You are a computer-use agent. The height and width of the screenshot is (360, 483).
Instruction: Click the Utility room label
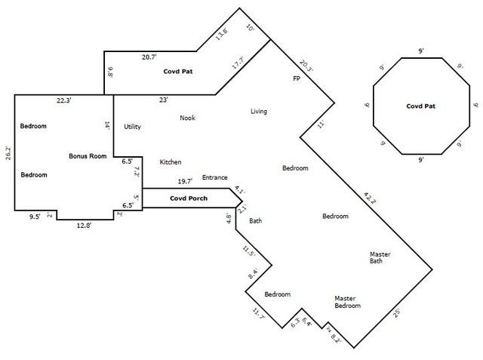[132, 127]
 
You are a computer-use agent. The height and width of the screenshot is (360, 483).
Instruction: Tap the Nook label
[187, 118]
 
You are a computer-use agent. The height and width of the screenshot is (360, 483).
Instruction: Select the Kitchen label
[170, 162]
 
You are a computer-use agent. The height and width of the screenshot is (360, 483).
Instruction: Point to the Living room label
[258, 112]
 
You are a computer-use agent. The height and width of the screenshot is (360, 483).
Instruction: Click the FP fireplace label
[297, 78]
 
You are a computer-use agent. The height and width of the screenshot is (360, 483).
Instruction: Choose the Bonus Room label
[87, 155]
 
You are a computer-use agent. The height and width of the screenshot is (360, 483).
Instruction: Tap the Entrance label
[214, 177]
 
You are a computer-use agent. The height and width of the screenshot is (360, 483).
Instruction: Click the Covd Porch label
[189, 198]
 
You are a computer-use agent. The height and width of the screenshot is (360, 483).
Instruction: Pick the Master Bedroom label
[347, 302]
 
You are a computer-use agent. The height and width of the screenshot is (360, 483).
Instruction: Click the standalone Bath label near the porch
[255, 221]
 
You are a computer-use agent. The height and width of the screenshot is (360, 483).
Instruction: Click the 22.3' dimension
[65, 100]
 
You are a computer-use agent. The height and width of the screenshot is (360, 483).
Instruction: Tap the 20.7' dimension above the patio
[149, 57]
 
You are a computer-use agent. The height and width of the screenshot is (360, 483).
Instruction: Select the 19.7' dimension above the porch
[184, 181]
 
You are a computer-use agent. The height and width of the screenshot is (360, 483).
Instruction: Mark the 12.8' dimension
[83, 225]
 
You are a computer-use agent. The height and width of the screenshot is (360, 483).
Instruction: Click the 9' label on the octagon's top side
[420, 51]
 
